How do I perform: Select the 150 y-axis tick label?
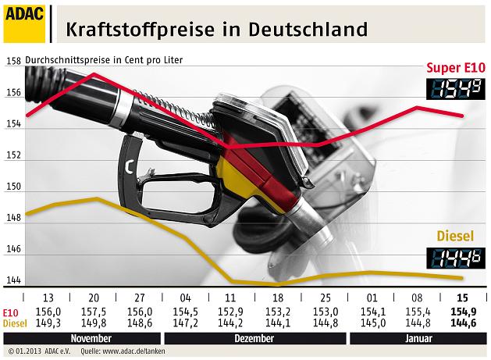coord(12,191)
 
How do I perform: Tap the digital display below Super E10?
coord(457,88)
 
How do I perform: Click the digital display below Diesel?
coord(457,257)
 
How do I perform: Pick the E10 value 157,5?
coord(93,312)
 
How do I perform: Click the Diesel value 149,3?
coord(48,322)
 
